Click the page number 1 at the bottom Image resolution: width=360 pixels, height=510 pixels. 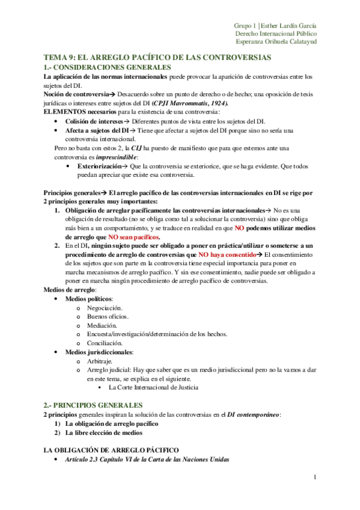click(x=314, y=478)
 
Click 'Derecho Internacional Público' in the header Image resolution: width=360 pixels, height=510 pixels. click(x=276, y=34)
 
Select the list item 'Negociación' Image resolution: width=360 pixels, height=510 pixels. click(x=106, y=307)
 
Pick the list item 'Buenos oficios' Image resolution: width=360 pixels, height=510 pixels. click(x=108, y=316)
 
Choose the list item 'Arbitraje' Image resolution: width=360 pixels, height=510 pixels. click(x=100, y=361)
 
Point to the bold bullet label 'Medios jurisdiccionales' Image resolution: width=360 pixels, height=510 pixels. click(x=99, y=352)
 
